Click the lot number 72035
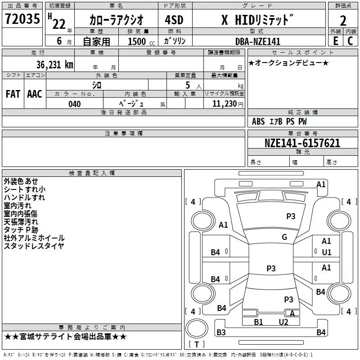[x=22, y=18]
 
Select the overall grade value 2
[x=343, y=21]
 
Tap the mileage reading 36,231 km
[x=54, y=65]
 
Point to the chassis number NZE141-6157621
[x=302, y=143]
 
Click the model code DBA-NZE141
[x=258, y=41]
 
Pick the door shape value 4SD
[x=174, y=20]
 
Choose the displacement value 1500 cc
[x=141, y=41]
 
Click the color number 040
[x=75, y=104]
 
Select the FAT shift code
[x=13, y=94]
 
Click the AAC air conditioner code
[x=35, y=94]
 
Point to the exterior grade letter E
[x=336, y=41]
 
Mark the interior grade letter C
[x=350, y=41]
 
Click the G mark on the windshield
[x=284, y=237]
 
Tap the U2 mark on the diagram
[x=283, y=322]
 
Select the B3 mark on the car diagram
[x=221, y=332]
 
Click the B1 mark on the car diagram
[x=258, y=322]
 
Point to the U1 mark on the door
[x=327, y=252]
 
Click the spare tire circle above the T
[x=197, y=328]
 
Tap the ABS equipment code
[x=258, y=121]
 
